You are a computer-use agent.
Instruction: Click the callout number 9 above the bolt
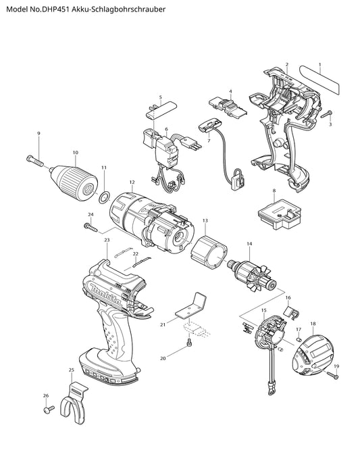[38, 133]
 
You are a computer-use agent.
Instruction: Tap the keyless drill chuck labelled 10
[75, 179]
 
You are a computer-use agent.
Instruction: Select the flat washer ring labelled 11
[104, 197]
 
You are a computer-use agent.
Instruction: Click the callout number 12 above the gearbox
[132, 182]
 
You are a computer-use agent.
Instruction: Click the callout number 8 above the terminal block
[274, 191]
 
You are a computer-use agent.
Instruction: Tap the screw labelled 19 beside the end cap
[333, 375]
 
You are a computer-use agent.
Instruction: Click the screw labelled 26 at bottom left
[49, 410]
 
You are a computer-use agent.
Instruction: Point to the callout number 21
[163, 324]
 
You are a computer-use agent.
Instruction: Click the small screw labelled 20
[189, 344]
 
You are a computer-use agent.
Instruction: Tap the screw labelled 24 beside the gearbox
[91, 227]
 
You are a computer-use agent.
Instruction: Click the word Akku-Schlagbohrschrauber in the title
[118, 9]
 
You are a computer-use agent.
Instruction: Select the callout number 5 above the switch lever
[161, 97]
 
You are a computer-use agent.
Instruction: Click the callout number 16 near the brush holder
[288, 297]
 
